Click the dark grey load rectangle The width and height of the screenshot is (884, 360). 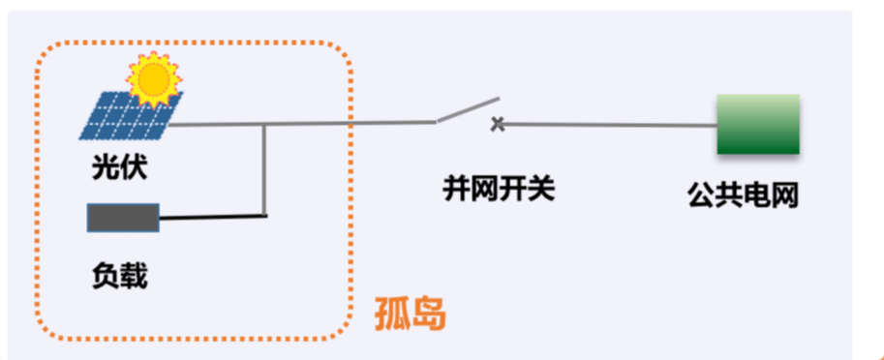[x=123, y=218]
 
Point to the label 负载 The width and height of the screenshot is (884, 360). [x=119, y=276]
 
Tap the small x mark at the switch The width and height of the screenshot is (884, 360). [x=498, y=124]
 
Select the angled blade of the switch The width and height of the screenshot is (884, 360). [x=467, y=110]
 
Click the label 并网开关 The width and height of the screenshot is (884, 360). [x=499, y=189]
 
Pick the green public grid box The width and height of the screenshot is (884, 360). [x=757, y=124]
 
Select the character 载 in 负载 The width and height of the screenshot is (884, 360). [x=134, y=276]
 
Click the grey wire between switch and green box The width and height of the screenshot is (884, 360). [x=610, y=125]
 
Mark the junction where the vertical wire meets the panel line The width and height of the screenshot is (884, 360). [x=265, y=124]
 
